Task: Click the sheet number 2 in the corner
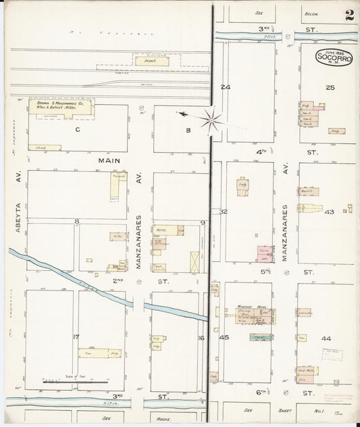coord(349,14)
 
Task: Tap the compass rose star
coord(211,120)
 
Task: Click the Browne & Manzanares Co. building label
coord(61,108)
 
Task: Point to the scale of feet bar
coord(74,382)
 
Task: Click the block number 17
coord(76,336)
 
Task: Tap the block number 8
coord(76,221)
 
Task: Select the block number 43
coord(329,212)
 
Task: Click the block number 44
coord(326,337)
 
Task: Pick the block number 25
coord(330,87)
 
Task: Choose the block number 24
coord(225,87)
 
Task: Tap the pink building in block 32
coord(265,254)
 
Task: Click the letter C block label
coord(78,128)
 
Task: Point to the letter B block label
coord(188,130)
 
